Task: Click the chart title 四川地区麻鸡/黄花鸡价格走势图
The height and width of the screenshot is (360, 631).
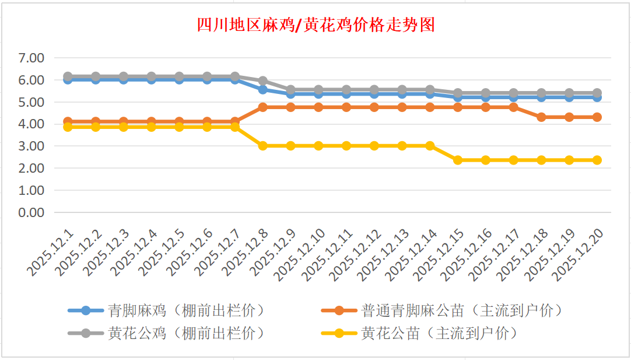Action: point(316,25)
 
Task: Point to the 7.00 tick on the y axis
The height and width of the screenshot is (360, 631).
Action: point(31,58)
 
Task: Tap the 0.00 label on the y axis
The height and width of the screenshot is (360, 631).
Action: point(31,212)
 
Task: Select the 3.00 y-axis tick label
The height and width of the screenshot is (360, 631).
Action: point(31,146)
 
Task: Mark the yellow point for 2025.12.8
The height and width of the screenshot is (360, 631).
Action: point(263,146)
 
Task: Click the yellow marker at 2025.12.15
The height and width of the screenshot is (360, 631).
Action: point(458,160)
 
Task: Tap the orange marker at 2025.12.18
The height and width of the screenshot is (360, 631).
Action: point(541,117)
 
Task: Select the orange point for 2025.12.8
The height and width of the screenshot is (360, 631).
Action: point(263,107)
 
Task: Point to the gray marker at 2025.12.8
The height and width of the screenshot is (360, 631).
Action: point(263,81)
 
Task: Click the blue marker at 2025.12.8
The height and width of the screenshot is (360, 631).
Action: point(263,90)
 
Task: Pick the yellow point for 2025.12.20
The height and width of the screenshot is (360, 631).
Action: point(597,160)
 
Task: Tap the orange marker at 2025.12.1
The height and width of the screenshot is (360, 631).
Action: point(68,121)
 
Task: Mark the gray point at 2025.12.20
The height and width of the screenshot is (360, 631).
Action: point(597,93)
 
